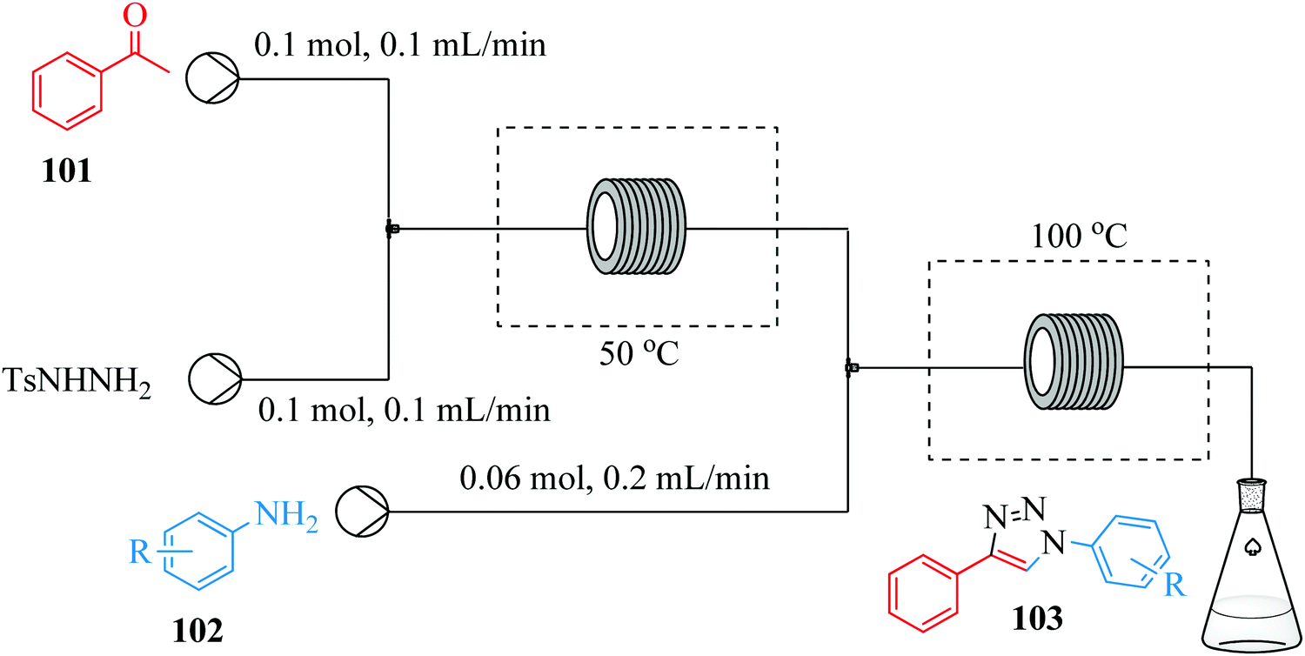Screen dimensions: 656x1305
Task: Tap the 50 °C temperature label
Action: click(x=638, y=355)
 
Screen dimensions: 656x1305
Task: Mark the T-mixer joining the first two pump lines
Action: click(x=392, y=230)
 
